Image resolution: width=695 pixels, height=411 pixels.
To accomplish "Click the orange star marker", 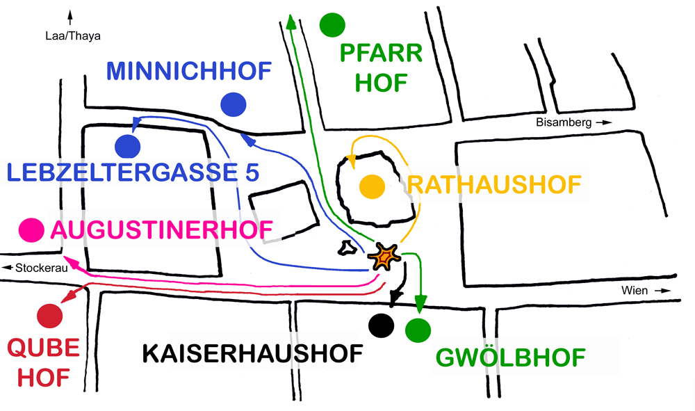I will (384, 257).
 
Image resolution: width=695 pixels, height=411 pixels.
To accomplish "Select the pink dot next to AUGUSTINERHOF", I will (30, 229).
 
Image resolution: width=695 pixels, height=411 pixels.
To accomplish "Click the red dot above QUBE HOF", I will (50, 316).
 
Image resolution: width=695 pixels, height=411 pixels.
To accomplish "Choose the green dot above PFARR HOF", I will (332, 25).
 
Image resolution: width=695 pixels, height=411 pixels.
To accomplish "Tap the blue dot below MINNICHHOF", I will (234, 104).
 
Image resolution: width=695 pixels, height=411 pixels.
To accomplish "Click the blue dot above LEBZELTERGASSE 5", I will (129, 146).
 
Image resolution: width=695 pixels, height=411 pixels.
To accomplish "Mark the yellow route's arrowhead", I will (352, 162).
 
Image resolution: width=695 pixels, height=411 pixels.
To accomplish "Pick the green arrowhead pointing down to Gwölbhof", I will (420, 305).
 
